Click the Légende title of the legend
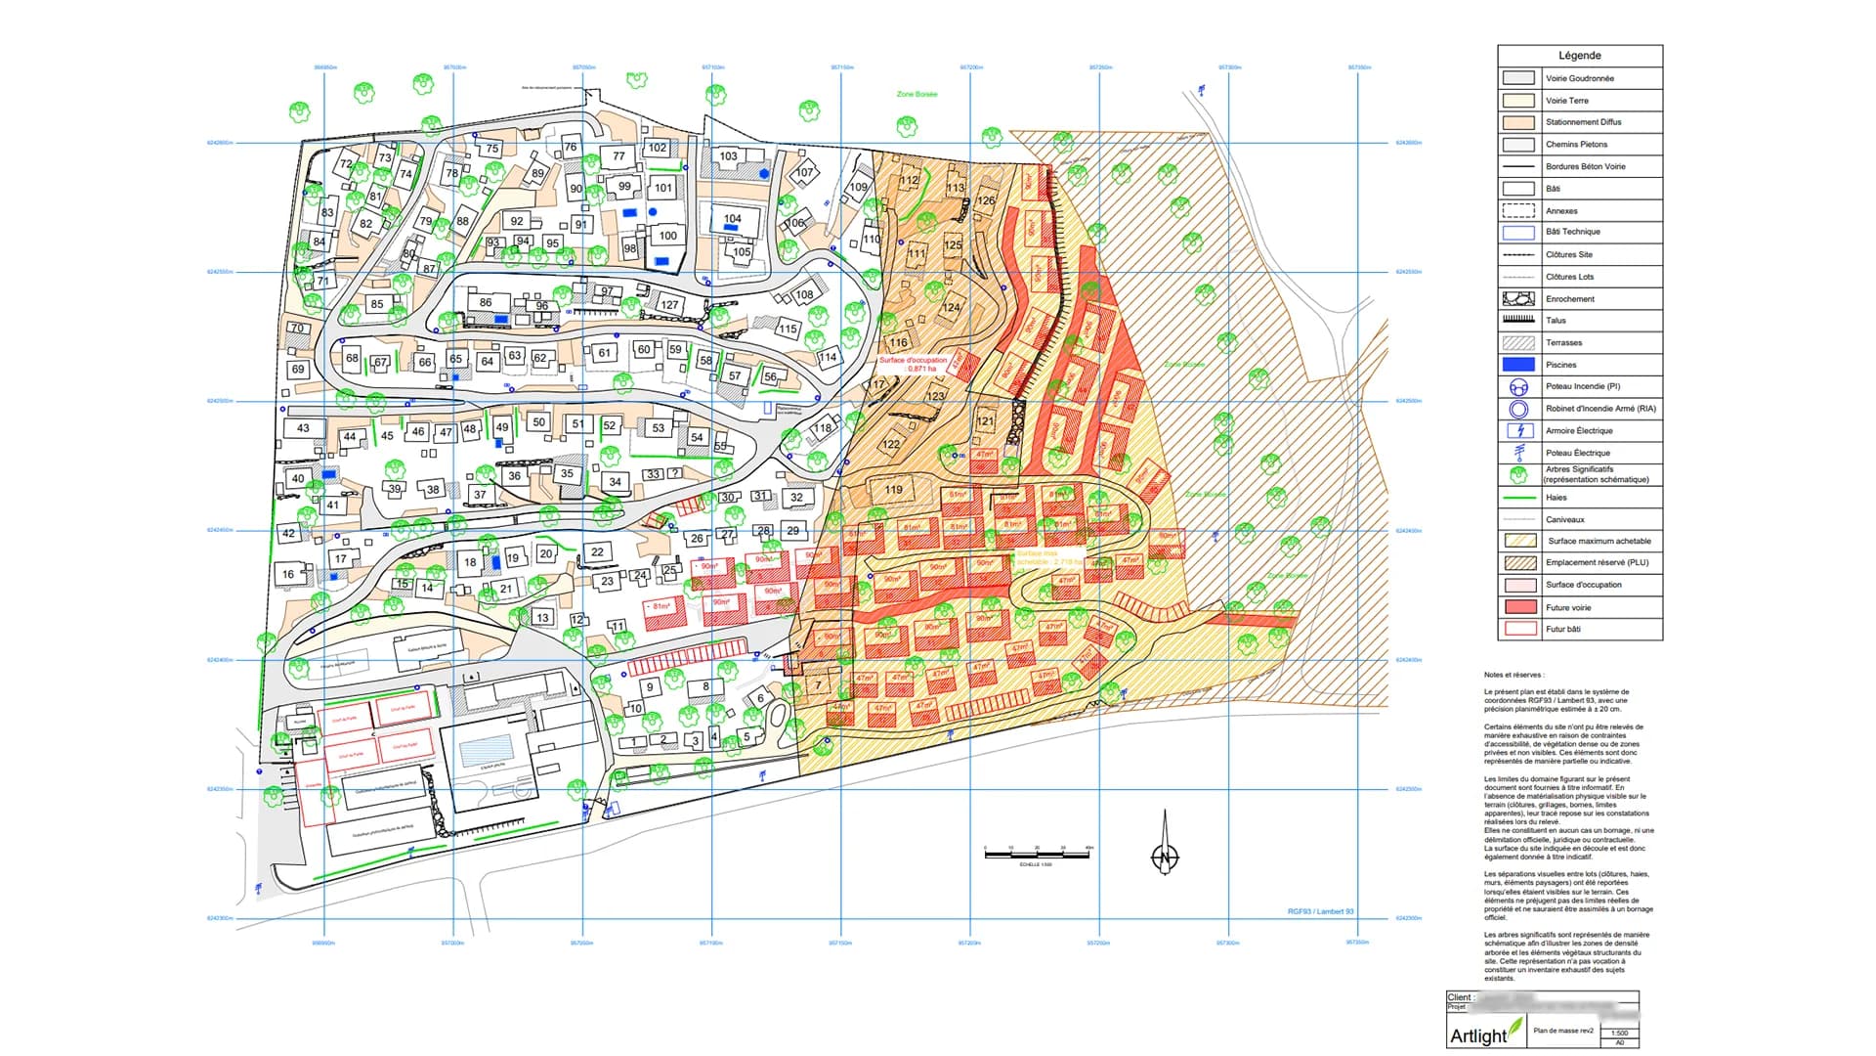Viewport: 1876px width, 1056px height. pos(1579,56)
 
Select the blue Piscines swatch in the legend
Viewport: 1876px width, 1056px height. pos(1518,365)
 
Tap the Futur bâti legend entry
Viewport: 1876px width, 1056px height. pos(1562,629)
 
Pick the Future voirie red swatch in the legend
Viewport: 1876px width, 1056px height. pos(1518,607)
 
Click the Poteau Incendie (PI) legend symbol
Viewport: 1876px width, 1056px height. pos(1518,386)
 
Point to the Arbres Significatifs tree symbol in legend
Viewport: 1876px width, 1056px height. pos(1518,474)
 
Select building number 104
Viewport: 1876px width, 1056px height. pos(732,219)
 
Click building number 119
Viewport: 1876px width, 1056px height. pos(894,490)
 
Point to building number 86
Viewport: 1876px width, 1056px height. pos(486,303)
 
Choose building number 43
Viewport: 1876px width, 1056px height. pos(303,428)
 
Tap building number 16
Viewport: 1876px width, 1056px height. pos(288,574)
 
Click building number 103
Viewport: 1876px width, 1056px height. pos(728,156)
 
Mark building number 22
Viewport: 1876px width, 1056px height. pos(597,552)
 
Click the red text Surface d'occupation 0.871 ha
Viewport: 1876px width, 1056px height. pos(913,364)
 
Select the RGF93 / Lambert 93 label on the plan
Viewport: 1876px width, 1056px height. pos(1320,911)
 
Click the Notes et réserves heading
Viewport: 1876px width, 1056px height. pos(1514,675)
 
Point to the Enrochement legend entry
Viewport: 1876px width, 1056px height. pos(1569,298)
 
